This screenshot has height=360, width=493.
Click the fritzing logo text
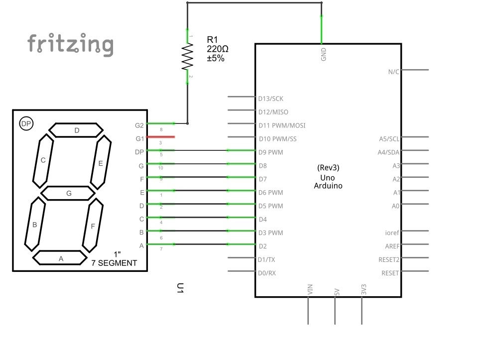click(70, 44)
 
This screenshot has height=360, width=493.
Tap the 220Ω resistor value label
click(218, 49)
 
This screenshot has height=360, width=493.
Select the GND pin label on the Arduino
click(324, 54)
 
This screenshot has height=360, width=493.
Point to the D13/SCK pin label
click(270, 99)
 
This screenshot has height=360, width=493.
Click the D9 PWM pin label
click(270, 152)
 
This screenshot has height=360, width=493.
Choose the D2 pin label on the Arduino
click(263, 246)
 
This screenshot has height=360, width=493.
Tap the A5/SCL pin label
click(389, 138)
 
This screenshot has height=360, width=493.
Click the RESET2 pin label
click(389, 259)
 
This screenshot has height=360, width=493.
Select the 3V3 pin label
click(364, 289)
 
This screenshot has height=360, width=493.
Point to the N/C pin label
click(393, 72)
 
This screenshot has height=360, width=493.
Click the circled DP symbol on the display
click(26, 123)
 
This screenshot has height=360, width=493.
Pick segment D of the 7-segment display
click(77, 130)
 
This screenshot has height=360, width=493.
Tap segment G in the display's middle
click(68, 193)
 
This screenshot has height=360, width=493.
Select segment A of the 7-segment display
click(60, 258)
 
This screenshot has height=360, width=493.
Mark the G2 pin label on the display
click(139, 125)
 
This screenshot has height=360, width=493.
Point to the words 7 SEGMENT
click(114, 263)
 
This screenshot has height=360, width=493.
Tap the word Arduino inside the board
click(328, 186)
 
